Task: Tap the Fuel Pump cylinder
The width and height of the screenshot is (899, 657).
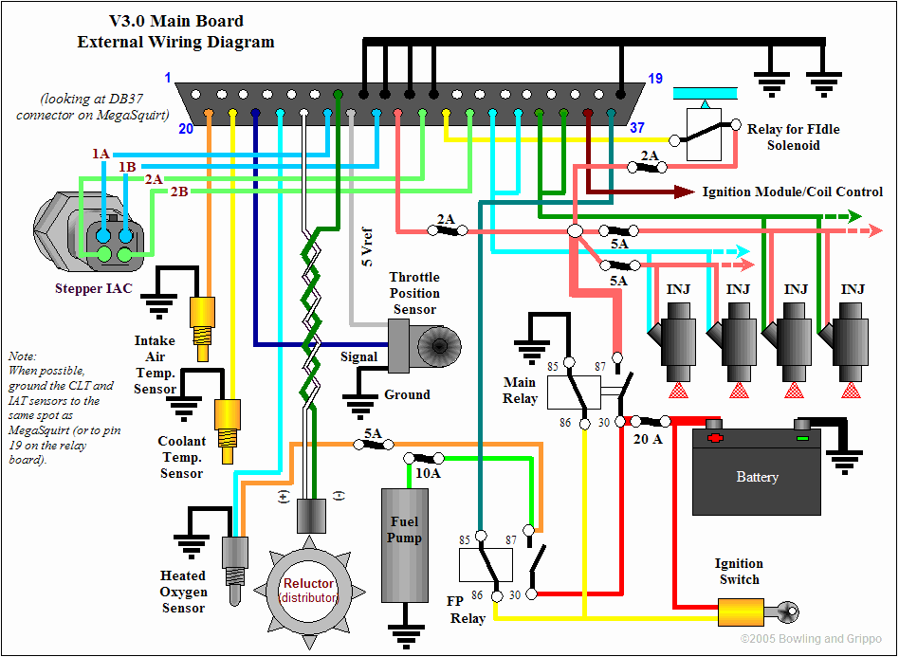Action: (405, 545)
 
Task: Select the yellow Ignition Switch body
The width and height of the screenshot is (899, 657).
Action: (741, 612)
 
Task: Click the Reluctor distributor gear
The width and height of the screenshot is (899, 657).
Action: (308, 591)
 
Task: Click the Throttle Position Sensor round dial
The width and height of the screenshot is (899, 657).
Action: (439, 346)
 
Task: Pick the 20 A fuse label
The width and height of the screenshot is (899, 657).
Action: (648, 439)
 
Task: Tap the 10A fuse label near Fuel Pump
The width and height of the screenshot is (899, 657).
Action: (428, 473)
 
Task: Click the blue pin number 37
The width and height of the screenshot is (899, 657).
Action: (637, 127)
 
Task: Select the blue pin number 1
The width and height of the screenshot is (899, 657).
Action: (168, 78)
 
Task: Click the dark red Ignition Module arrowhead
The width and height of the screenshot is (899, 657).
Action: (685, 192)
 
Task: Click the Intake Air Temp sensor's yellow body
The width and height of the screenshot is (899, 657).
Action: (202, 329)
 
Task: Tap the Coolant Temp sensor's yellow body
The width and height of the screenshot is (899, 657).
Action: (228, 431)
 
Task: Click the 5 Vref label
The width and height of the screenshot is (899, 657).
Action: (366, 247)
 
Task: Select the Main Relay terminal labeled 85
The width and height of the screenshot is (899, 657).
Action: (569, 362)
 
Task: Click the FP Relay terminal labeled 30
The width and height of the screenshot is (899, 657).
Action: (531, 594)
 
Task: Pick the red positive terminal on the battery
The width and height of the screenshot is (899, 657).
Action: (714, 436)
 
